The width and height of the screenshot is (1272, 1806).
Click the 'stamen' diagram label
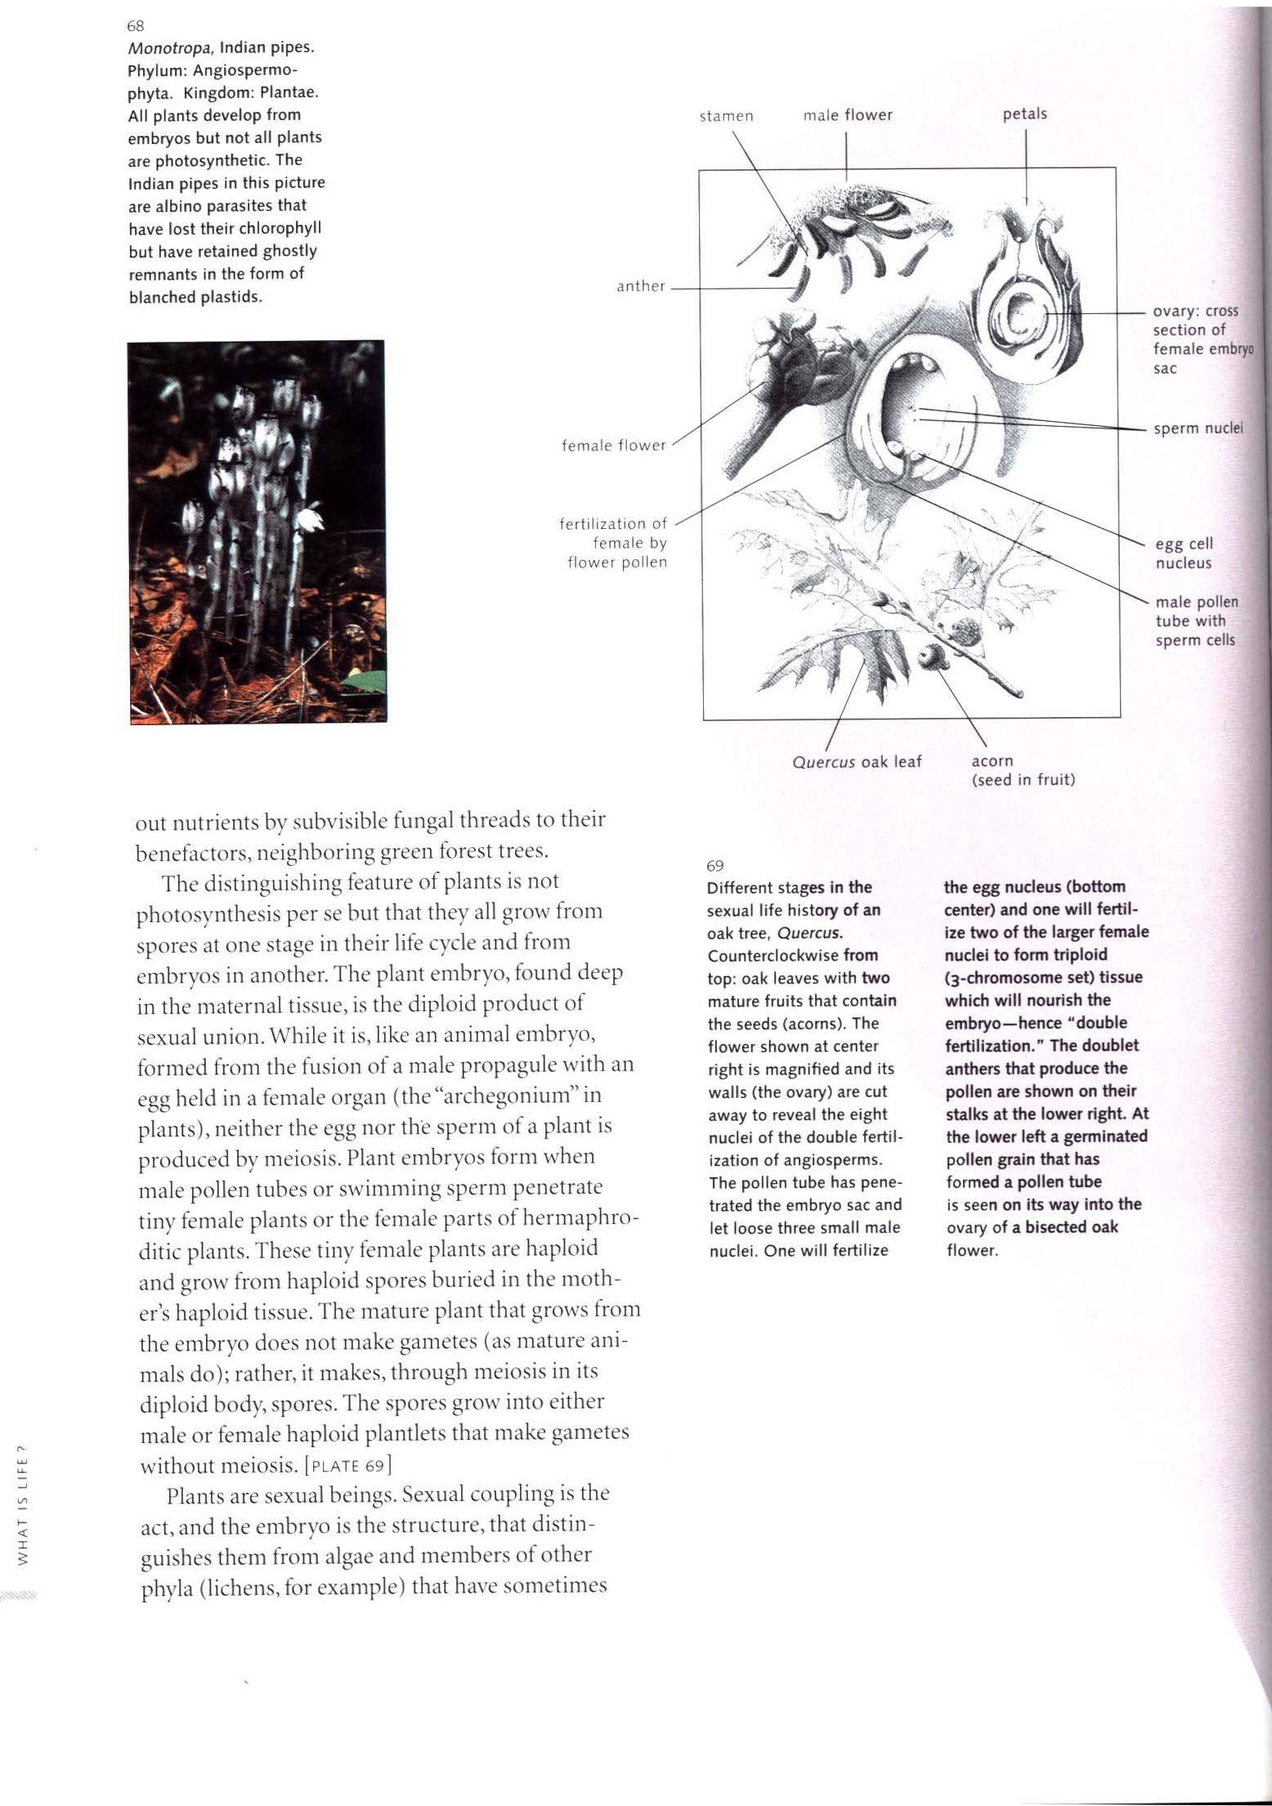point(726,116)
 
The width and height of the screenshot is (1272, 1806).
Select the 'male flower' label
point(848,115)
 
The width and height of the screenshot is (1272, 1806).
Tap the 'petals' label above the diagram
point(1024,114)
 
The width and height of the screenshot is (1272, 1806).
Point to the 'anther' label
point(641,286)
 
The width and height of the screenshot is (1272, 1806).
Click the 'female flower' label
point(614,446)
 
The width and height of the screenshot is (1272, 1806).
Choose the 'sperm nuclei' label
point(1198,428)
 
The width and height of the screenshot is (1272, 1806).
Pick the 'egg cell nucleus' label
point(1184,553)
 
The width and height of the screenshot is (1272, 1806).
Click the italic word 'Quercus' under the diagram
point(823,762)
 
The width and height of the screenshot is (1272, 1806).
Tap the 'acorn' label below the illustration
point(992,761)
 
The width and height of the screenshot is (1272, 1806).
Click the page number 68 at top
point(136,26)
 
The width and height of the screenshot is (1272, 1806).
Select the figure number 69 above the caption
point(714,866)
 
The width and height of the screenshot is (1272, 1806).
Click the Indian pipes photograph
point(257,531)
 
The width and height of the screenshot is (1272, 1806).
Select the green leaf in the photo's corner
point(364,679)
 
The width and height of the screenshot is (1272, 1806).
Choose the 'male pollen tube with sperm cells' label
point(1196,621)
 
